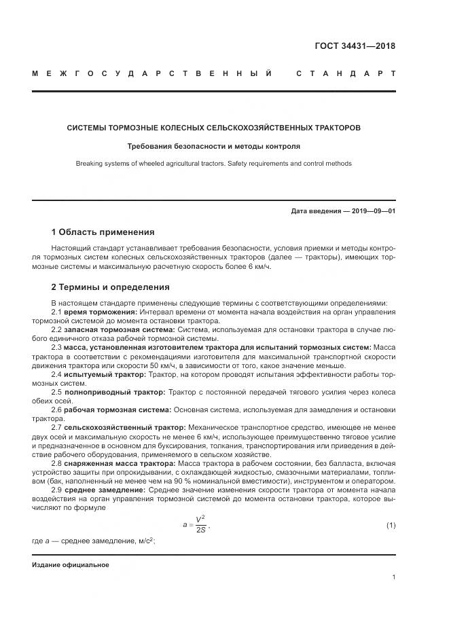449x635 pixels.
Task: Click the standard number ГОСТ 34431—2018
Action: coord(355,47)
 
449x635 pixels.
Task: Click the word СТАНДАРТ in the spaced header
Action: coord(346,73)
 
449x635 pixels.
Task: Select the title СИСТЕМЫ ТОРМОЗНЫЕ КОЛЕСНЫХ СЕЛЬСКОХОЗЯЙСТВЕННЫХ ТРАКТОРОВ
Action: coord(213,128)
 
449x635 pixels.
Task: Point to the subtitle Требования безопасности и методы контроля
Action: coord(213,146)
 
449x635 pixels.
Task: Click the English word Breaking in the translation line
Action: coord(89,164)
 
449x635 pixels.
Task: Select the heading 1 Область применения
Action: coord(103,232)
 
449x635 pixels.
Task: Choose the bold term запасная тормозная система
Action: coord(119,329)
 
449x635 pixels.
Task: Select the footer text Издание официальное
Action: coord(71,564)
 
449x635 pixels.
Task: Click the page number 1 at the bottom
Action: coord(393,577)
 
